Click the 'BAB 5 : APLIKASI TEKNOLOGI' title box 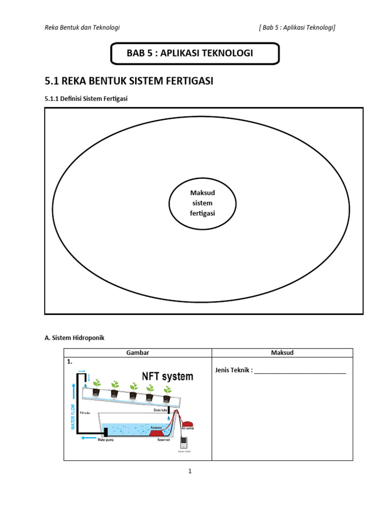(x=195, y=53)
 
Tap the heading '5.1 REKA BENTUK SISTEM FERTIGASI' (x=129, y=81)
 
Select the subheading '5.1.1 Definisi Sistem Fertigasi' (x=86, y=99)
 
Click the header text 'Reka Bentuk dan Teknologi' (x=82, y=28)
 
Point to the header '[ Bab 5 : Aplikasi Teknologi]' (x=297, y=28)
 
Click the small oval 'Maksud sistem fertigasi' (x=202, y=203)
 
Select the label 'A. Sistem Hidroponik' (x=75, y=338)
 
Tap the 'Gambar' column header (x=138, y=353)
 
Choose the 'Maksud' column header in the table (x=282, y=353)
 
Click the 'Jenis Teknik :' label (x=234, y=370)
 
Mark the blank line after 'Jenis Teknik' (x=300, y=371)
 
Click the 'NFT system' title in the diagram (x=168, y=376)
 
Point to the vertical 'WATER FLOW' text (x=73, y=416)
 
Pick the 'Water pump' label (x=105, y=439)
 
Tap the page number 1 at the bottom (x=190, y=471)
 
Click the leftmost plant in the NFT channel (x=97, y=385)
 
